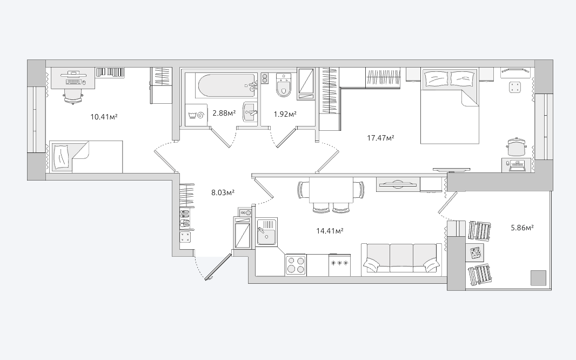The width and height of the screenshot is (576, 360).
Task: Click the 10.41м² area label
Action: click(104, 117)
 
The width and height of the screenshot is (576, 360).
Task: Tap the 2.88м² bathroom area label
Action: click(224, 113)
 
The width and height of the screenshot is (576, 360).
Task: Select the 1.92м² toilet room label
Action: click(285, 114)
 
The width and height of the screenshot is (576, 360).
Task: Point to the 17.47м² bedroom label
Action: click(380, 138)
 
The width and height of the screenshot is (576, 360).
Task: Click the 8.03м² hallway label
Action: click(223, 192)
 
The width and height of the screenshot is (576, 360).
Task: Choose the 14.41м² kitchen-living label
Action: click(330, 231)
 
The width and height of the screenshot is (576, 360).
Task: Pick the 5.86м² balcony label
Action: click(523, 228)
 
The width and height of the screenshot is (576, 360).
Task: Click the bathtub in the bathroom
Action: click(226, 85)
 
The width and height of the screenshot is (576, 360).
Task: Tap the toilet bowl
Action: click(284, 85)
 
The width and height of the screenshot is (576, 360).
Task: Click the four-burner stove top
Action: click(296, 265)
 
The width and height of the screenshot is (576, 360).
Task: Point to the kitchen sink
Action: click(267, 231)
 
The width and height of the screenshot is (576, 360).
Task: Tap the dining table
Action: click(331, 190)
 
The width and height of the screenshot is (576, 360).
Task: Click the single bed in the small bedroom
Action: click(86, 157)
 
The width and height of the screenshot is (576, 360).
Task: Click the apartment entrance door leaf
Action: click(219, 266)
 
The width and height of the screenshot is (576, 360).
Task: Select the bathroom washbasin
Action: click(251, 112)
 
